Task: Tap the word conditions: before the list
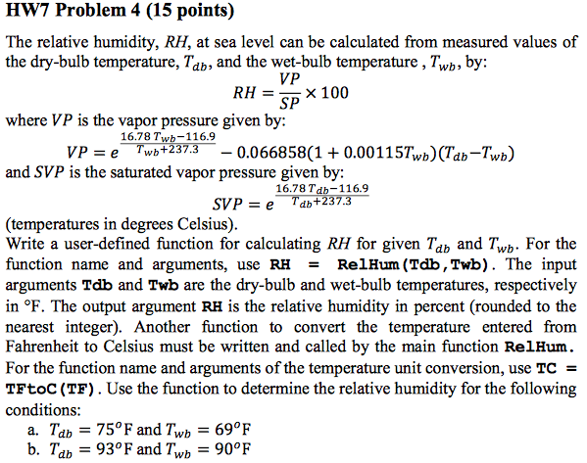(42, 409)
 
